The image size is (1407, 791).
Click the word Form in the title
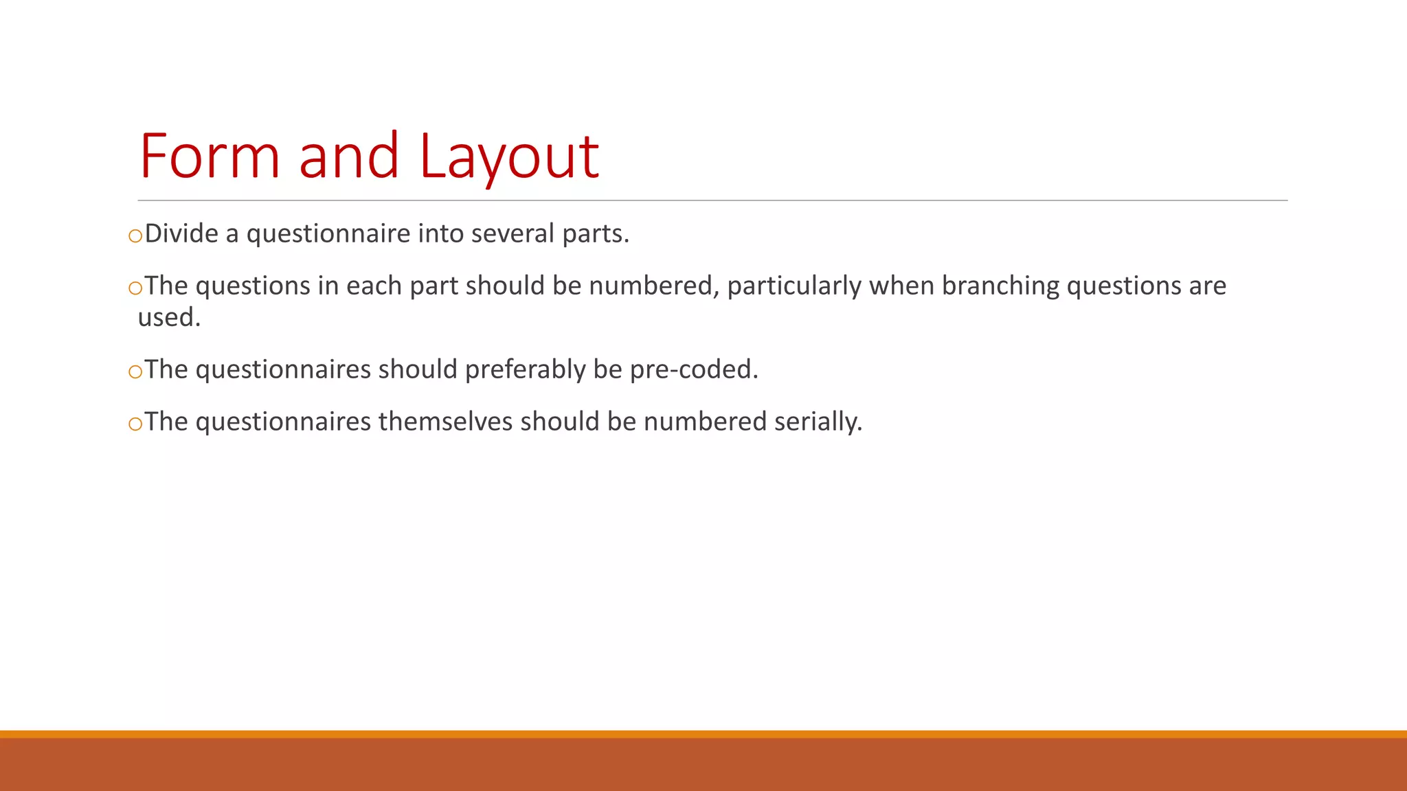pyautogui.click(x=210, y=157)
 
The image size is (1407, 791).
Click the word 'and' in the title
pyautogui.click(x=349, y=157)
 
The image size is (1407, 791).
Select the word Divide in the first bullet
pyautogui.click(x=181, y=234)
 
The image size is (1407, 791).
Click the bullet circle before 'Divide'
pyautogui.click(x=135, y=236)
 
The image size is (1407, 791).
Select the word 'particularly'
pyautogui.click(x=794, y=286)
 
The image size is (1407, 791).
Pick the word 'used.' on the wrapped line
pyautogui.click(x=169, y=318)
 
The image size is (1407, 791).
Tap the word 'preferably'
pyautogui.click(x=525, y=370)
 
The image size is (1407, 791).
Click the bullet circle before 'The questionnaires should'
pyautogui.click(x=135, y=372)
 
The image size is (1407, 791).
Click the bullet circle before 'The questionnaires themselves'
pyautogui.click(x=135, y=424)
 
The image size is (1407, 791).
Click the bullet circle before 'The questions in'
pyautogui.click(x=135, y=288)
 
